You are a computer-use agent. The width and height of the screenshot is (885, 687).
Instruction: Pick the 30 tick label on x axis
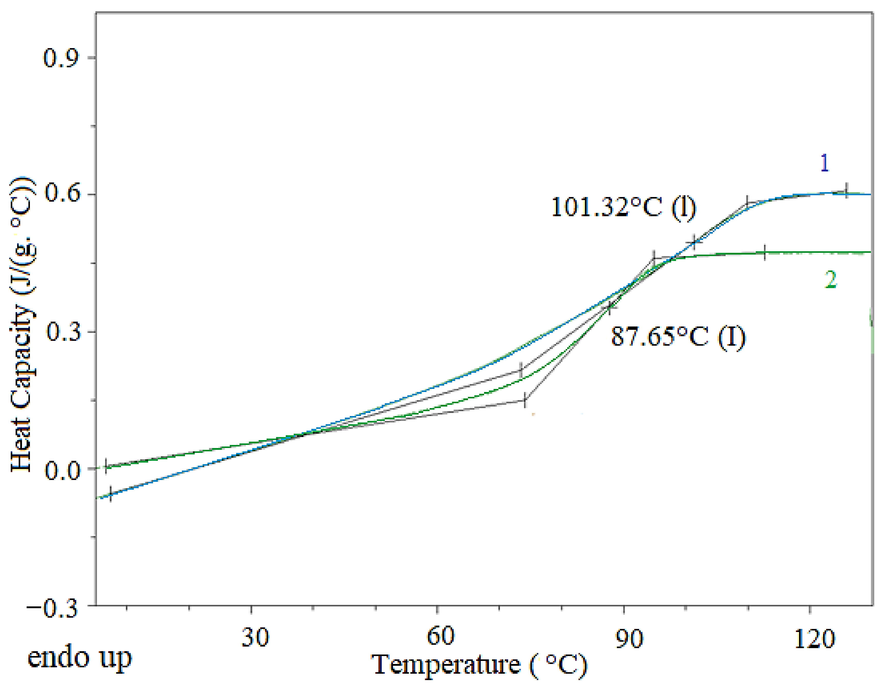[255, 637]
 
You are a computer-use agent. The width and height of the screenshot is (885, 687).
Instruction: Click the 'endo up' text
[79, 657]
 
